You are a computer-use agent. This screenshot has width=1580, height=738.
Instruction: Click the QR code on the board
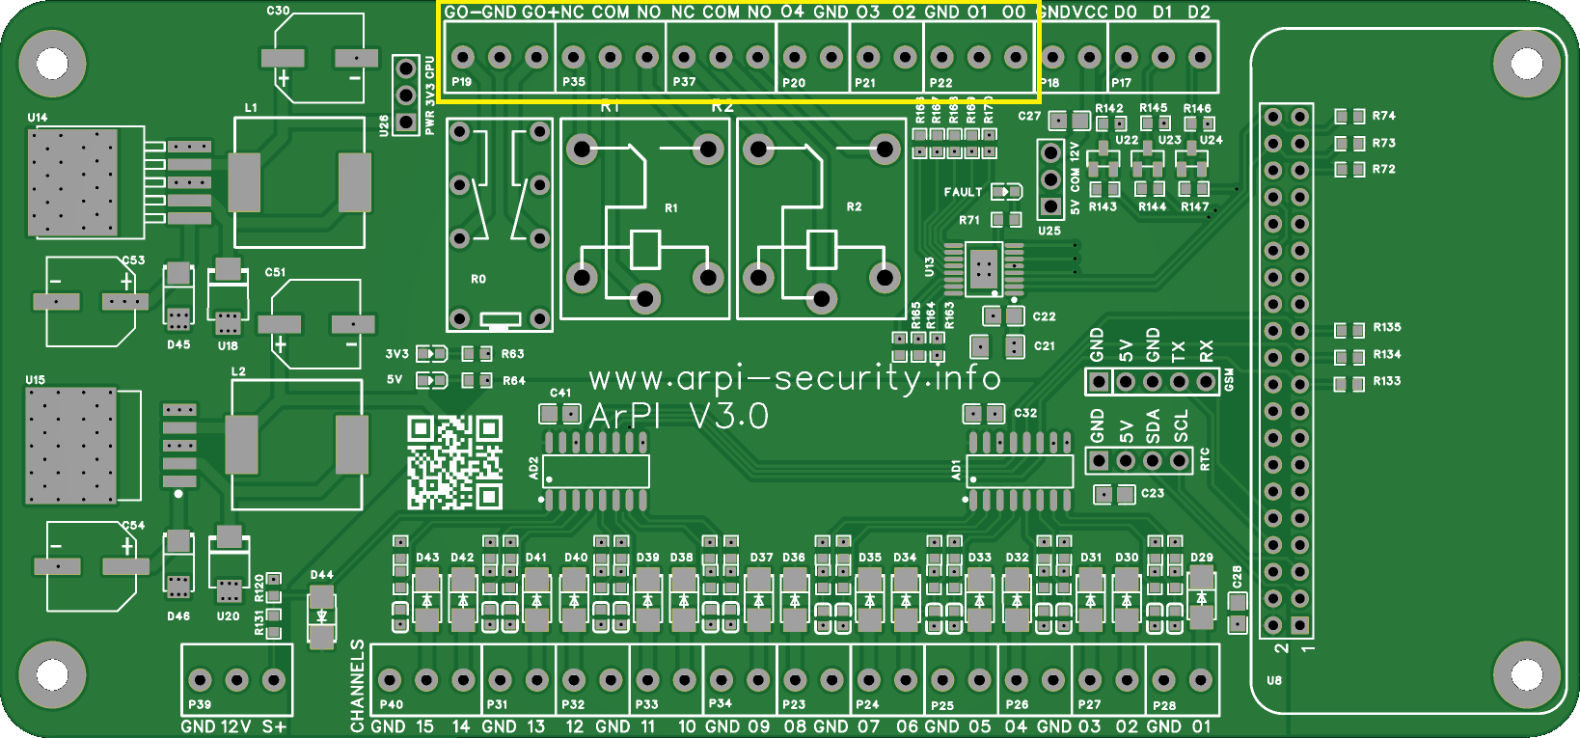point(454,462)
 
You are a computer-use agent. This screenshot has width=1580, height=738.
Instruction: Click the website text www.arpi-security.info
point(794,377)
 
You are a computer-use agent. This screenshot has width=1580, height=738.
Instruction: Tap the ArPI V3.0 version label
point(678,416)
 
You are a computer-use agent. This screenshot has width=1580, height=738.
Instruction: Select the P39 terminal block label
point(200,704)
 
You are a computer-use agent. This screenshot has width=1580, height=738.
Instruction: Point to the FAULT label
point(963,192)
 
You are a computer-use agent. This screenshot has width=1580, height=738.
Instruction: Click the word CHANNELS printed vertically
point(358,685)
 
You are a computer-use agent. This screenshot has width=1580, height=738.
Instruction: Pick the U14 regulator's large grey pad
point(73,182)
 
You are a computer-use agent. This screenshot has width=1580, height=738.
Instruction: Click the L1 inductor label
point(251,108)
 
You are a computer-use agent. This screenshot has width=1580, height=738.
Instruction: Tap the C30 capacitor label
point(278,11)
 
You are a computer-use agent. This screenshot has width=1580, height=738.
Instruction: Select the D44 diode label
point(321,575)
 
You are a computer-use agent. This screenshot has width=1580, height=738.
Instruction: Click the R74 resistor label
point(1384,116)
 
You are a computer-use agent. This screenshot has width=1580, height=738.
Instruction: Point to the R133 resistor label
point(1387,381)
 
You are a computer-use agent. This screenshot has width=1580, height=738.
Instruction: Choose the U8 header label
point(1274,680)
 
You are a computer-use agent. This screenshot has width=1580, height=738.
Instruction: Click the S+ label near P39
point(274,726)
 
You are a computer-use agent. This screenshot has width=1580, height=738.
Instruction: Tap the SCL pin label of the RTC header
point(1181,425)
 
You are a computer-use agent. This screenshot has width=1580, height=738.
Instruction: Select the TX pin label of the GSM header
point(1178,350)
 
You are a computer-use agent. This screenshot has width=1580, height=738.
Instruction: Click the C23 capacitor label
point(1153,493)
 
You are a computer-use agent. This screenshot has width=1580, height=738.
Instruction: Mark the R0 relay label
point(478,279)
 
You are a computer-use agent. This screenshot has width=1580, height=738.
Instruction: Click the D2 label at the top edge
point(1198,12)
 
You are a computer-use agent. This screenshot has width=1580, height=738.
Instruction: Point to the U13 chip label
point(930,266)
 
